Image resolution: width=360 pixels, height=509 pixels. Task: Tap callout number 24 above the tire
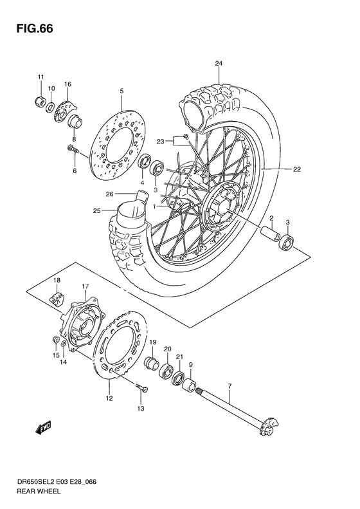tap(219, 63)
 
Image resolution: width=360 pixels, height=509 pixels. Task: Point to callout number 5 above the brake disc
tap(121, 91)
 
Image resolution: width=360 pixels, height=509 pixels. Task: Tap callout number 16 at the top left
tap(67, 84)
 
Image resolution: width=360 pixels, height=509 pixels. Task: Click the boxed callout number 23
tap(161, 140)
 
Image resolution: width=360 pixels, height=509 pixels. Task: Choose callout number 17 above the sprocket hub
tap(84, 286)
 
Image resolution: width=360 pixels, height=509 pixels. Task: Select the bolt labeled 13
tap(143, 388)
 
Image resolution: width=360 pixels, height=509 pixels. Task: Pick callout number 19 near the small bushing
tap(153, 342)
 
